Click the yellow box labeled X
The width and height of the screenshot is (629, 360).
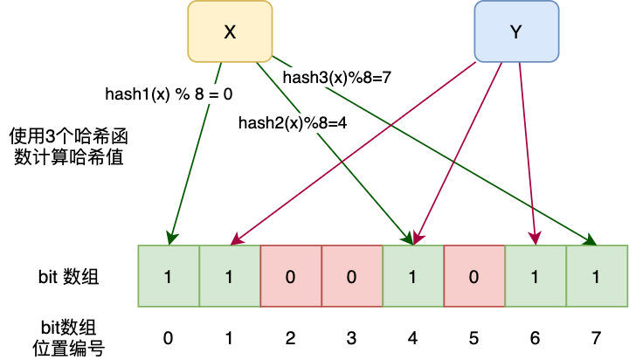click(230, 31)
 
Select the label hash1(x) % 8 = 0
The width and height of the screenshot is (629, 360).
click(169, 93)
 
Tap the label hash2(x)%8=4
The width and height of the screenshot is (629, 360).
click(294, 124)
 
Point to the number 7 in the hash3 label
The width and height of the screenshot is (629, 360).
click(384, 78)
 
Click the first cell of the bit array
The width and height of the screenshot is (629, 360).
click(169, 276)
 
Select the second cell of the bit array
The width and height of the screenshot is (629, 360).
click(230, 276)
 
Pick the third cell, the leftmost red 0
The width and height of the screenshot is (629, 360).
click(291, 276)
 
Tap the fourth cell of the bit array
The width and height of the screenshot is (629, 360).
click(352, 276)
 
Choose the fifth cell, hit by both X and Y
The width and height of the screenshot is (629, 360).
click(413, 276)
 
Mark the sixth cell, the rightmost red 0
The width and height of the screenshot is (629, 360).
click(474, 276)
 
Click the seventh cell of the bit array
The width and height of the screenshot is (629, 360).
click(536, 276)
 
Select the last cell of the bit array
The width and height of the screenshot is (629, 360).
click(597, 276)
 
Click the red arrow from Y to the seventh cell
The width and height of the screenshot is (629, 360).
click(528, 157)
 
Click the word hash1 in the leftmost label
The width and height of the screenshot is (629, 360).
click(125, 93)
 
